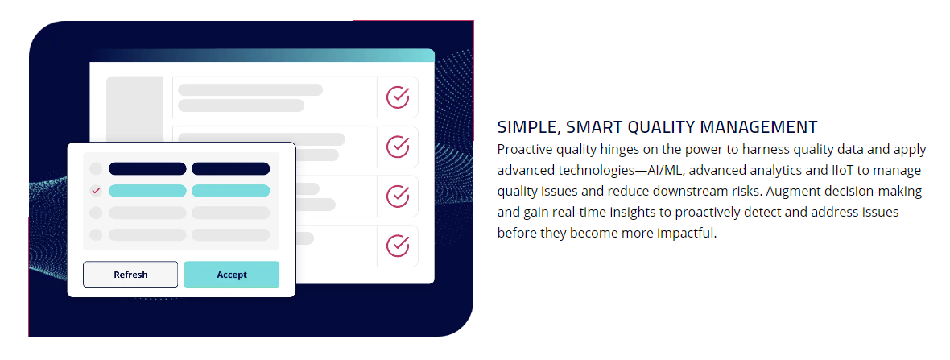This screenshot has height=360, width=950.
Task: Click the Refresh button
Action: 130,275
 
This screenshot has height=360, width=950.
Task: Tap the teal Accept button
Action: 231,275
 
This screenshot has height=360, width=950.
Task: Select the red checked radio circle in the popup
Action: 96,191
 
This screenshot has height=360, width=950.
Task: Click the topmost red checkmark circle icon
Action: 398,97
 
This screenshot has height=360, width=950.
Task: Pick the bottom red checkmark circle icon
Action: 398,246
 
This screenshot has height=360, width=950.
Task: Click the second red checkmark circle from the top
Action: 398,146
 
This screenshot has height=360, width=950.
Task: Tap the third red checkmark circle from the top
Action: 398,196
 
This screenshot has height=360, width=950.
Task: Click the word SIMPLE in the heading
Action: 522,127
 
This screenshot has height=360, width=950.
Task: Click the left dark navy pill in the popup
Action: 147,168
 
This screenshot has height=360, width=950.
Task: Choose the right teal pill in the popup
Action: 231,191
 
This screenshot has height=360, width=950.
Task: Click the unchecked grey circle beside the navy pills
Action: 96,168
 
